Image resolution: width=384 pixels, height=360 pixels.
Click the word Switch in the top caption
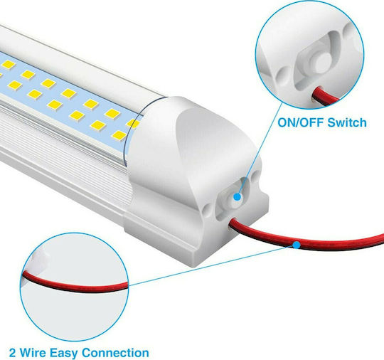(347, 122)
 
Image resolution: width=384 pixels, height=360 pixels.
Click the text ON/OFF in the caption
(302, 122)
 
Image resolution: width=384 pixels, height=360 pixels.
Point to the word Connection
(115, 353)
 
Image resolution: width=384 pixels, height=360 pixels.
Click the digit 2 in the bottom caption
(12, 353)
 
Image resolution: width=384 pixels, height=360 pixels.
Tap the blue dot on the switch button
(237, 197)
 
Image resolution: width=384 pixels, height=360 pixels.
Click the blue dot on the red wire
(297, 245)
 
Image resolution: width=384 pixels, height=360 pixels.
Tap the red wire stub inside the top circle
(324, 96)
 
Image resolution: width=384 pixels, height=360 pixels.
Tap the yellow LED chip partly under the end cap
(133, 123)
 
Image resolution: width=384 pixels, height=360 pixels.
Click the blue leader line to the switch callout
(260, 149)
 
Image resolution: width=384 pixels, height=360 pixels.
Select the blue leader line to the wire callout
(213, 265)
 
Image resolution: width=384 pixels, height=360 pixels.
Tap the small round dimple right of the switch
(256, 176)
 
